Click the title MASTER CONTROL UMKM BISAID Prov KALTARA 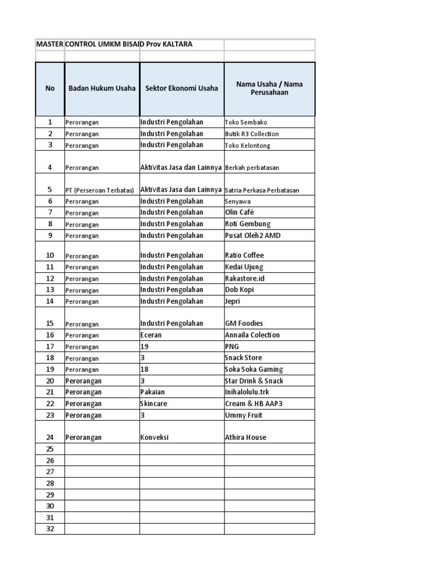click(x=114, y=44)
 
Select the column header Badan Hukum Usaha click(x=102, y=88)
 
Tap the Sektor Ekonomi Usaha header click(x=182, y=88)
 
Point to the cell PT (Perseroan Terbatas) click(x=100, y=190)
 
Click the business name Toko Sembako click(x=246, y=122)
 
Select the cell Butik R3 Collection click(x=251, y=134)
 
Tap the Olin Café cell click(x=239, y=213)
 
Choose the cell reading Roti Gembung click(x=247, y=224)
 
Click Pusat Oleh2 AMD click(x=252, y=236)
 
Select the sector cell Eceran click(x=151, y=335)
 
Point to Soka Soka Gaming click(x=254, y=370)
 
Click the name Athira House click(x=246, y=437)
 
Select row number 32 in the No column click(x=49, y=529)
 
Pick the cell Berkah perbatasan click(x=252, y=167)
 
